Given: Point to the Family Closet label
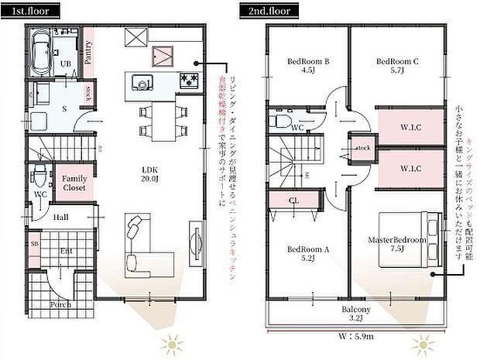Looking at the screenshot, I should (75, 183).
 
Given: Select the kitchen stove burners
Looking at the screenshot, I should (189, 79).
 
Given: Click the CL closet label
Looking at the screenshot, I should (293, 199).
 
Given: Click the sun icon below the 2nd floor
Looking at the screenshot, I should (423, 342).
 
